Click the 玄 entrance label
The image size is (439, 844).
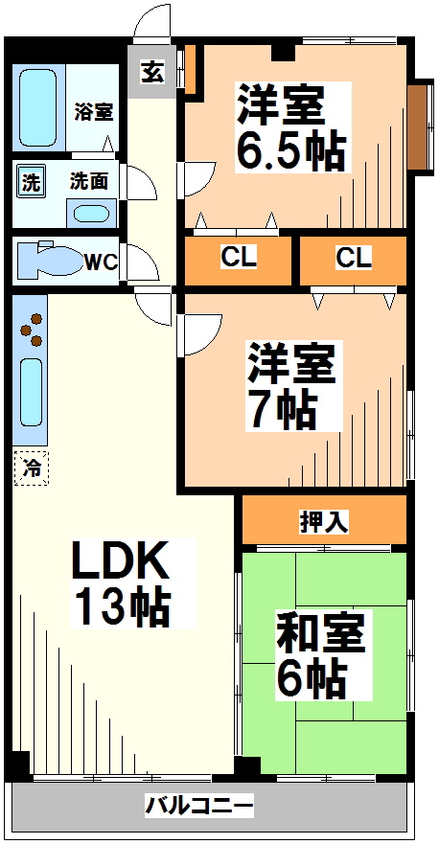coord(152,72)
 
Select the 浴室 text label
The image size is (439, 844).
coord(94,111)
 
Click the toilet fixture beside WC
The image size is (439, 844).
coord(52,261)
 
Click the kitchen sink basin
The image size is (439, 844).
coord(32,393)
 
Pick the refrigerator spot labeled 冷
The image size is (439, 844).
coord(32,469)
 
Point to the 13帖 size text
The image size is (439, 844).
coord(122,606)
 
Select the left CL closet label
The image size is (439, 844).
coord(238,258)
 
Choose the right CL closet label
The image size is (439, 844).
coord(353,258)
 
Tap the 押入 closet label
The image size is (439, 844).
coord(324,521)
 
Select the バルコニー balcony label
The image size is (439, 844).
coord(199,807)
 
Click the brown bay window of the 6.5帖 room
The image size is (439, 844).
coord(418,125)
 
